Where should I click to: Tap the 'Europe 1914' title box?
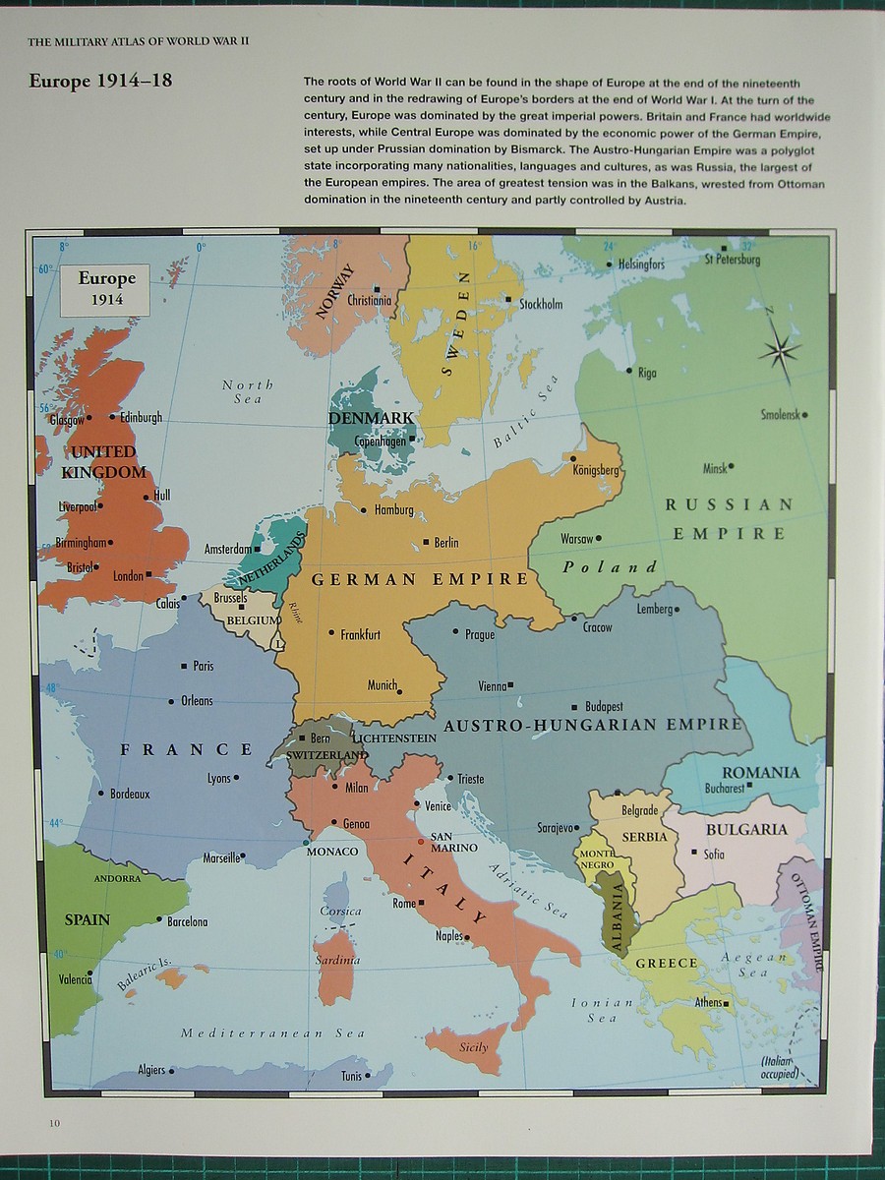click(106, 288)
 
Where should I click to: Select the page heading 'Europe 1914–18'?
click(100, 81)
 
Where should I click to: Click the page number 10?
click(52, 1123)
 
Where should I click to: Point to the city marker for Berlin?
click(426, 542)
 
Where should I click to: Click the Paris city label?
click(203, 666)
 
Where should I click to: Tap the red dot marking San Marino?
click(421, 842)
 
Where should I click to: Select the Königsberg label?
click(596, 470)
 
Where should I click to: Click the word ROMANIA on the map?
click(760, 772)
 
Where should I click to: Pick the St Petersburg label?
click(733, 260)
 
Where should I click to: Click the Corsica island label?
click(340, 911)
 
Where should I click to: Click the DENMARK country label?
click(371, 418)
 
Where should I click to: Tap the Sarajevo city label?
click(555, 828)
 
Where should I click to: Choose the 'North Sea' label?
click(248, 391)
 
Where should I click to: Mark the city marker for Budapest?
click(574, 707)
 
